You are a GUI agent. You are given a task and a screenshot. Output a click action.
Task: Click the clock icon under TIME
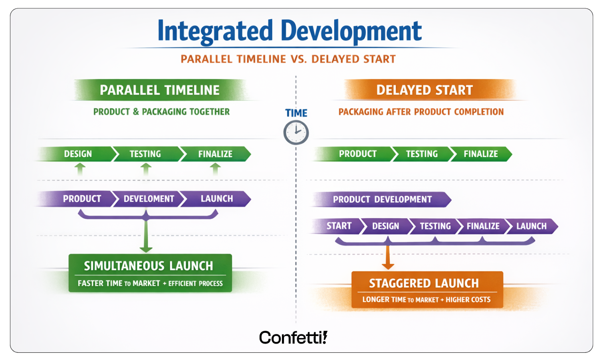[296, 133]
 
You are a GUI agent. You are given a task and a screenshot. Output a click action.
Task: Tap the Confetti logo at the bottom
[293, 338]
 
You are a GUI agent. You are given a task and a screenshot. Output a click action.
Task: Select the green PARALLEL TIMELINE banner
[160, 90]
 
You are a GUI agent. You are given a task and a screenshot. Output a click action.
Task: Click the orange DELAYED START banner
[424, 90]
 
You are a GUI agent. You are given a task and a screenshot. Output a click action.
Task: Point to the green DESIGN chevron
[78, 154]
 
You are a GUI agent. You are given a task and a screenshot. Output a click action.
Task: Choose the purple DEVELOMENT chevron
[149, 199]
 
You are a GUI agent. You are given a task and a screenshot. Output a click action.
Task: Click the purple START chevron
[339, 226]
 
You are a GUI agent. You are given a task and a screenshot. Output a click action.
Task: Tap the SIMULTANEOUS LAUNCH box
[150, 273]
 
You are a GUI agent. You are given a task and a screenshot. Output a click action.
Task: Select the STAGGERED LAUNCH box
[427, 289]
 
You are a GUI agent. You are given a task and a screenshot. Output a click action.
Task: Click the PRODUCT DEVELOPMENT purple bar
[382, 200]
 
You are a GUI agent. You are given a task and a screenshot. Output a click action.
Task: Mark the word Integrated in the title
[215, 31]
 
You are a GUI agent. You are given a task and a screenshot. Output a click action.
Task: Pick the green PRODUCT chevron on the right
[357, 154]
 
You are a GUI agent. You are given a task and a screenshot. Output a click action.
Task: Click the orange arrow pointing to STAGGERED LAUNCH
[388, 258]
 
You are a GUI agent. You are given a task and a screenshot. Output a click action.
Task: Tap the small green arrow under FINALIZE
[215, 170]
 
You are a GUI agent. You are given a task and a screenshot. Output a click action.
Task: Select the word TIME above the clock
[296, 113]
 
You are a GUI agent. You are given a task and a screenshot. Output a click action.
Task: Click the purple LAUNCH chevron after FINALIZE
[531, 226]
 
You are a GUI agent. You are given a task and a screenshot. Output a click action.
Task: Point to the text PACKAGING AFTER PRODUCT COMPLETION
[421, 112]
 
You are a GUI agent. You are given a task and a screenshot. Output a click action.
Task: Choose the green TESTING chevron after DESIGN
[145, 154]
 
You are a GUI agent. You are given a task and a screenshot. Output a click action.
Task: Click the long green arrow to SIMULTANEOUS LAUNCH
[146, 235]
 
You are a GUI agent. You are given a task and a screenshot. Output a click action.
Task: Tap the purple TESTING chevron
[435, 226]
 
